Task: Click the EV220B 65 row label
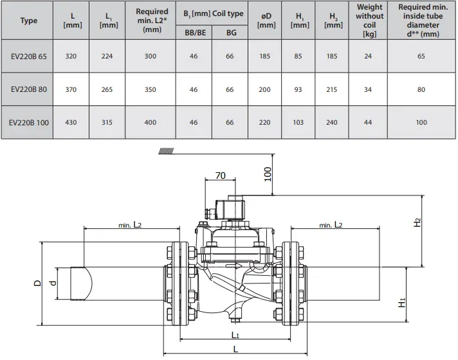pyautogui.click(x=28, y=57)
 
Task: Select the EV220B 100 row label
pyautogui.click(x=29, y=122)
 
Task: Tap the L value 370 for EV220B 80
pyautogui.click(x=71, y=89)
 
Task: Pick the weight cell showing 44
pyautogui.click(x=369, y=122)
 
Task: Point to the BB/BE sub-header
pyautogui.click(x=193, y=32)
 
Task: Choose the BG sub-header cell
pyautogui.click(x=230, y=32)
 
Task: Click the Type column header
pyautogui.click(x=28, y=21)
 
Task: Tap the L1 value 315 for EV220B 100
pyautogui.click(x=107, y=122)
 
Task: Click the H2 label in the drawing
pyautogui.click(x=417, y=222)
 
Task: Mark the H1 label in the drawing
pyautogui.click(x=401, y=302)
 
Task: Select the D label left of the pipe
pyautogui.click(x=37, y=283)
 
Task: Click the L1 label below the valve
pyautogui.click(x=235, y=336)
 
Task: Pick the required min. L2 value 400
pyautogui.click(x=150, y=122)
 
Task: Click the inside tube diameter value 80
pyautogui.click(x=421, y=89)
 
